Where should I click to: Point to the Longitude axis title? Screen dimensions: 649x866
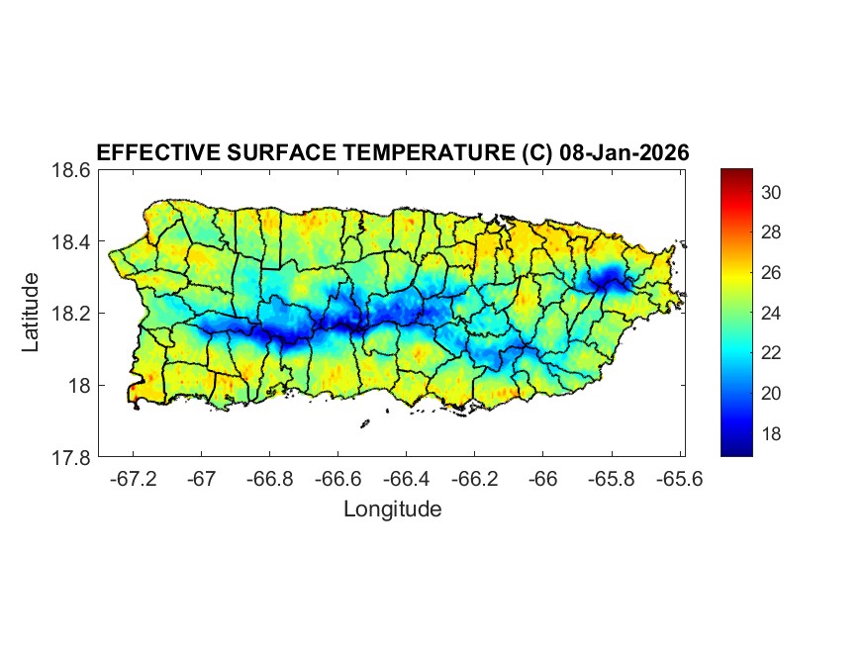click(x=392, y=510)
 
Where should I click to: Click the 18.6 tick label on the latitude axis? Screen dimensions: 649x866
click(x=71, y=170)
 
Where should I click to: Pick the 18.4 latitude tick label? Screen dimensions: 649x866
click(x=71, y=242)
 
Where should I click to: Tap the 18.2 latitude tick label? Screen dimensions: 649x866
click(x=71, y=314)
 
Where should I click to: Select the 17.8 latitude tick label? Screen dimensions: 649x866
click(x=71, y=457)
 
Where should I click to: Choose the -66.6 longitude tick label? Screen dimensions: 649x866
click(x=337, y=478)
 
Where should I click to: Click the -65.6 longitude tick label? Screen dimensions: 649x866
click(x=679, y=478)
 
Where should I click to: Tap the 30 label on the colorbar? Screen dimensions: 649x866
click(x=772, y=192)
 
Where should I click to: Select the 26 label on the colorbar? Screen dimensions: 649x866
click(x=772, y=272)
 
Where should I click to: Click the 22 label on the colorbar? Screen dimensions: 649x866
click(x=772, y=353)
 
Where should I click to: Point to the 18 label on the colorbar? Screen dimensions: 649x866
click(x=772, y=433)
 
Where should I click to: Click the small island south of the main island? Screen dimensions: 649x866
click(x=364, y=424)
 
